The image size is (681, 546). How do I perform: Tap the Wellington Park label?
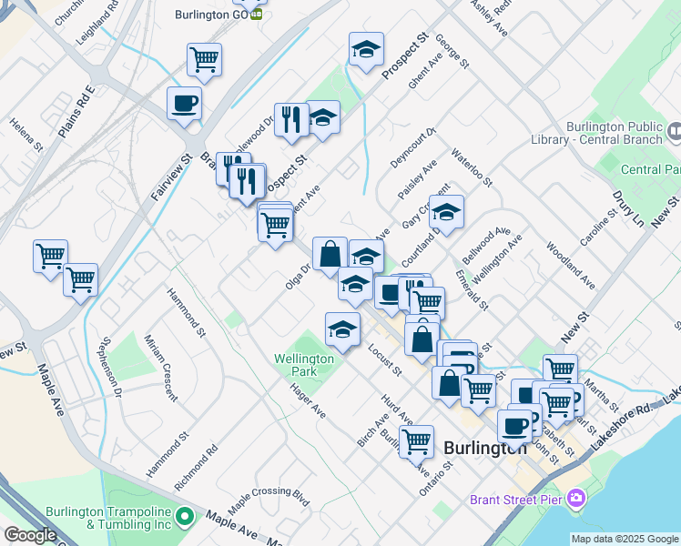pos(303,365)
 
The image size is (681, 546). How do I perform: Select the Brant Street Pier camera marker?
pos(574,498)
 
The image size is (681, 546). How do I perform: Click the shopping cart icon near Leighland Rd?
pos(205,60)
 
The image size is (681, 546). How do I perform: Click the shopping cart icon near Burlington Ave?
pos(417,441)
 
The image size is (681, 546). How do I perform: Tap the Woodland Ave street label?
pos(571,266)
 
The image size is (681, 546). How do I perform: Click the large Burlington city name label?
pos(485,448)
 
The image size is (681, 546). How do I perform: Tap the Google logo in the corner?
pos(30,535)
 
